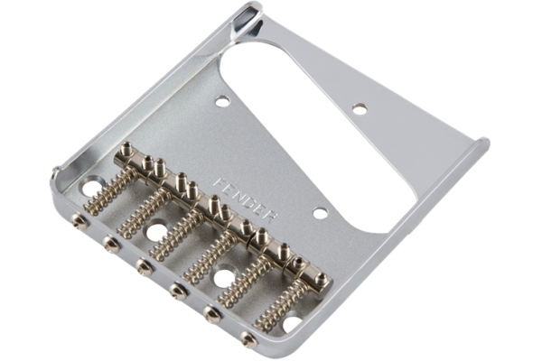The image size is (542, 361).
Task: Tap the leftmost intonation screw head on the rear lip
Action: point(79,219)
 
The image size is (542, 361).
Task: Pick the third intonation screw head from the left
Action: point(145,267)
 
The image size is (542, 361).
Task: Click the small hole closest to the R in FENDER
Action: point(321,213)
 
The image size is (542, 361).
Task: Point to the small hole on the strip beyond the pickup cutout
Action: point(360,108)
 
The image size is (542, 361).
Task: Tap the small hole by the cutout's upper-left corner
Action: point(222,102)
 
